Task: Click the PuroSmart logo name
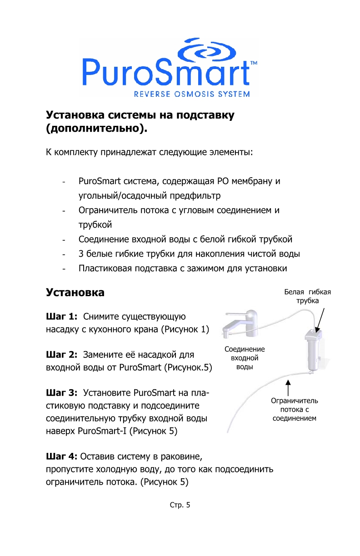click(166, 73)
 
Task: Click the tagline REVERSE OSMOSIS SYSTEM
click(191, 94)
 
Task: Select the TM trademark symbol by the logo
click(254, 63)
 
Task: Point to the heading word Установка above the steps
click(75, 293)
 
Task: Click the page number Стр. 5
click(180, 504)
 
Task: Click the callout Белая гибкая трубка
click(308, 296)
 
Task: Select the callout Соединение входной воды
click(245, 358)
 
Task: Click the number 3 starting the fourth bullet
click(81, 253)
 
